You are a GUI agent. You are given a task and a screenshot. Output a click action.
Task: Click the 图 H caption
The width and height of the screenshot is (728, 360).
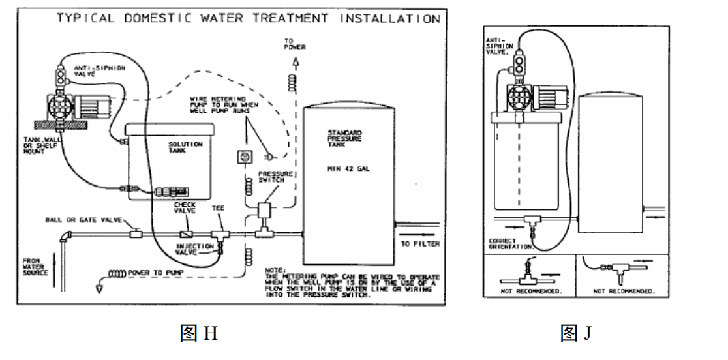coord(198,334)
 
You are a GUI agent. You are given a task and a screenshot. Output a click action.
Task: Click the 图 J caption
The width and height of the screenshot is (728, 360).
coord(576,334)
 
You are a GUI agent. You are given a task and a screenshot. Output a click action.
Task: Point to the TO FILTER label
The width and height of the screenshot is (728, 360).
coord(421,244)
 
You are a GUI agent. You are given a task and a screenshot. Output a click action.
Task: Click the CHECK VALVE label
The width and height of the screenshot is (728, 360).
coord(185,208)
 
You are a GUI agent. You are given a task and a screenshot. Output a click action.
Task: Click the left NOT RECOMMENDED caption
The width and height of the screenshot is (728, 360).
coord(529,292)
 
